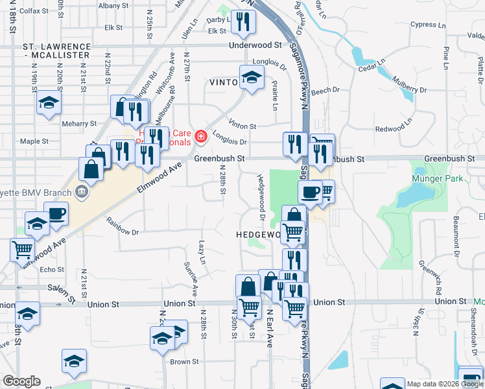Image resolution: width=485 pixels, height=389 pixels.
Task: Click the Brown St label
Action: tap(185, 362)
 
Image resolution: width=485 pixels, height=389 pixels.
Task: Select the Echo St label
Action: tap(53, 270)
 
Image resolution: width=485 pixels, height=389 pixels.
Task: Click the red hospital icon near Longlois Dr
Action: tap(201, 136)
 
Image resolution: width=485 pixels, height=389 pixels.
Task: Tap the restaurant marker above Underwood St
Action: tap(244, 21)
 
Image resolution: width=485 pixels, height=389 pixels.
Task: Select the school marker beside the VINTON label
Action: tap(251, 77)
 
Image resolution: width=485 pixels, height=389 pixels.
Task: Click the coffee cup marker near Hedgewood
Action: tap(310, 191)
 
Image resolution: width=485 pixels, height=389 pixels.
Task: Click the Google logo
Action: tap(21, 381)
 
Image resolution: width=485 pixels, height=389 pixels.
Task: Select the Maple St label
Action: tap(34, 141)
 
